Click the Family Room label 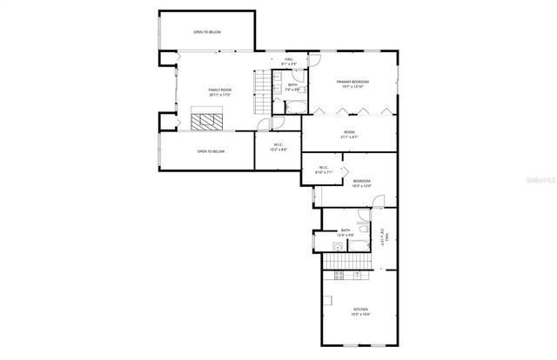219,92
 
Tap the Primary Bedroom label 352,83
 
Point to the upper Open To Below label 207,32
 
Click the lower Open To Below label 211,151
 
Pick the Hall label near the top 289,61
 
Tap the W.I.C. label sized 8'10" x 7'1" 323,170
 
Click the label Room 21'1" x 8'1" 348,135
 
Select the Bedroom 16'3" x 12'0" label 362,183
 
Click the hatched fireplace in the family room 208,121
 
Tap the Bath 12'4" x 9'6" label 346,232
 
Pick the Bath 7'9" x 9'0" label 293,86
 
